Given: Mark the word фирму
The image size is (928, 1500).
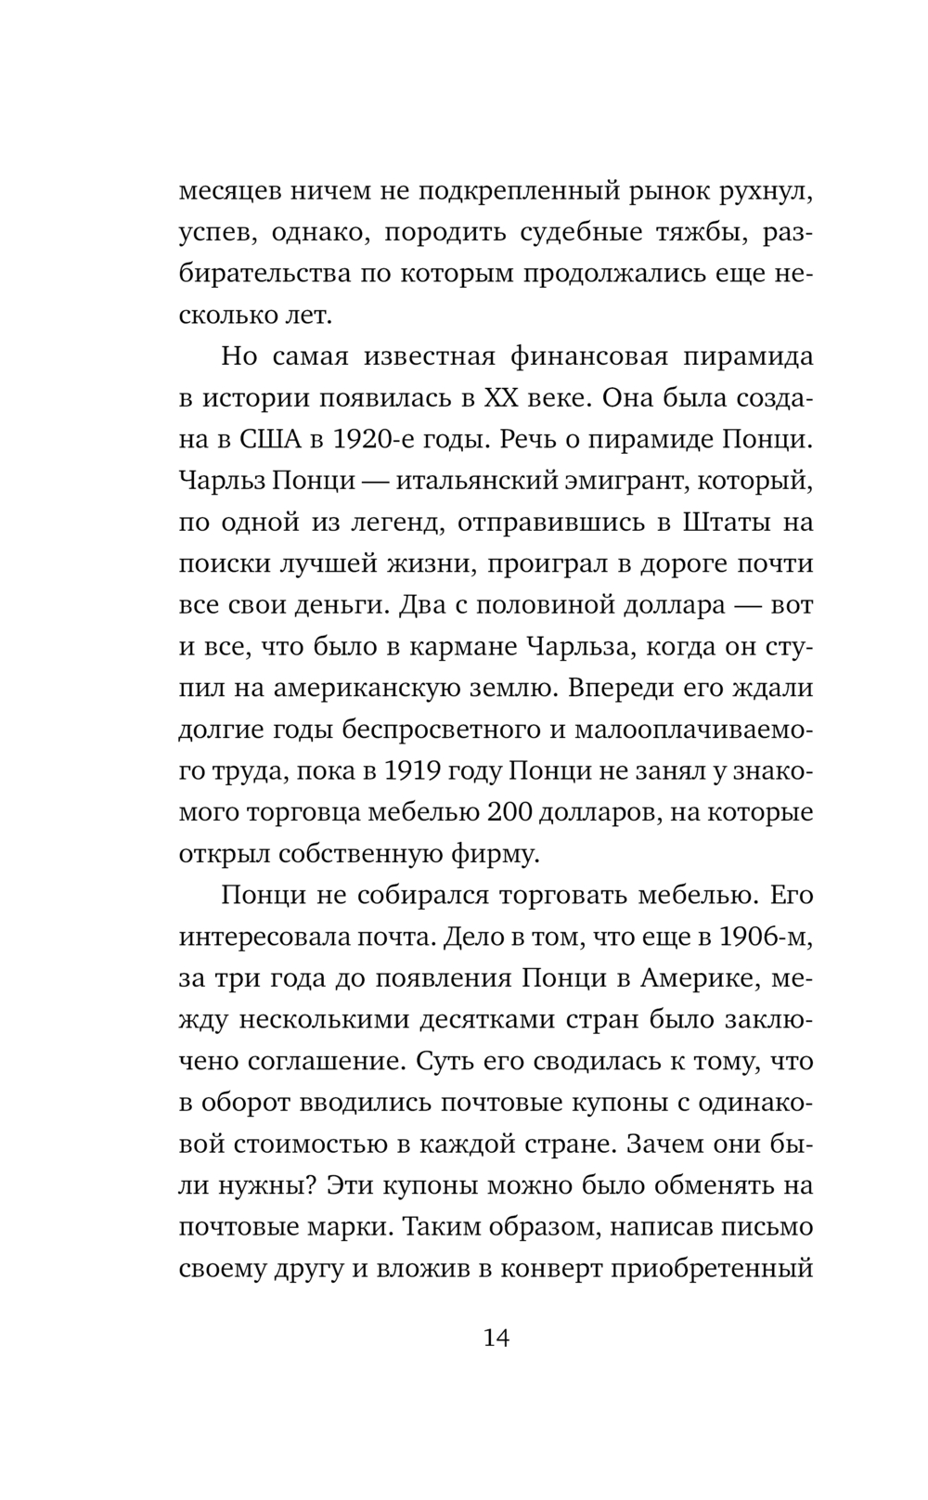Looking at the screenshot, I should [x=497, y=854].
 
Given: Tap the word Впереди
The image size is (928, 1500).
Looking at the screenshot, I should [x=626, y=690].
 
